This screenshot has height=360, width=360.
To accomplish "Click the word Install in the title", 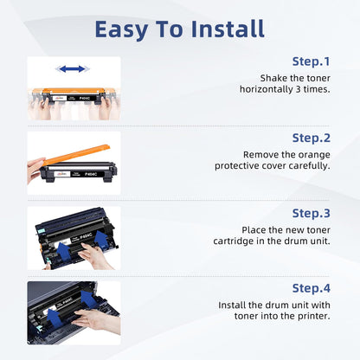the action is click(228, 29).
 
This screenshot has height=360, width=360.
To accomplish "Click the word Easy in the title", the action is click(122, 30).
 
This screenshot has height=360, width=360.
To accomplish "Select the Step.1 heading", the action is click(311, 61).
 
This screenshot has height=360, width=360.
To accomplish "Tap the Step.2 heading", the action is click(311, 138).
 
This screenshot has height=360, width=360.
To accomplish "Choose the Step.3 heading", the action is click(311, 214).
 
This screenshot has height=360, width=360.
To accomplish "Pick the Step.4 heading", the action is click(311, 288).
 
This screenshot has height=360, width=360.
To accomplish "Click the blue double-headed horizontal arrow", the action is click(72, 69).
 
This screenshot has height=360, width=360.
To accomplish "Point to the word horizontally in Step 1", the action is click(267, 89).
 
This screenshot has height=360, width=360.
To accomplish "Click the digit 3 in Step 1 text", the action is click(298, 89).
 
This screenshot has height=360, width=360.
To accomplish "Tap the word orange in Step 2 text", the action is click(314, 155).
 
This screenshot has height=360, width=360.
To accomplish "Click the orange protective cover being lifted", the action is click(76, 154).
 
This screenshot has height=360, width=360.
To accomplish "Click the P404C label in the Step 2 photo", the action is click(91, 174).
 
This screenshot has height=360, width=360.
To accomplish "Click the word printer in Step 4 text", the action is click(314, 316).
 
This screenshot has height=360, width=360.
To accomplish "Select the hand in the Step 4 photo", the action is click(97, 320).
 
